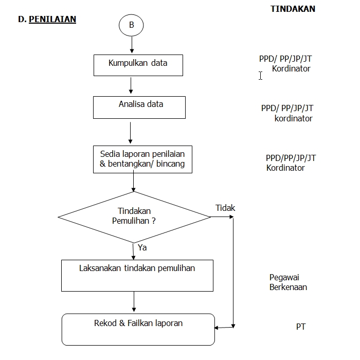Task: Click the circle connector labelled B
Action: pos(131,25)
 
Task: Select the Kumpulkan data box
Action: pos(138,65)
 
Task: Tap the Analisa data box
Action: pos(139,107)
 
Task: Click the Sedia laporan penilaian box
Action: pos(142,159)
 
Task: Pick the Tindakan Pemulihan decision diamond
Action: pos(134,217)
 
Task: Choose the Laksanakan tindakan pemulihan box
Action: pos(137,275)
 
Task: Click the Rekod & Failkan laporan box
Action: pos(138,329)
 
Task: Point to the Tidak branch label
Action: pos(225,208)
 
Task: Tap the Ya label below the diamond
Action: pos(142,247)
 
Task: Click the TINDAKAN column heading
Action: pos(293,9)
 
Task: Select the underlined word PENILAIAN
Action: pos(52,20)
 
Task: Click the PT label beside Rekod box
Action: pos(301,327)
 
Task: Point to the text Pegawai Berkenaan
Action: pos(288,282)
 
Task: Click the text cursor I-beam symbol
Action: pos(261,76)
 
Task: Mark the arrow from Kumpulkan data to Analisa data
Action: pos(131,86)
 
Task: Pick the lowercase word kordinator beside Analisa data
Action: pos(293,118)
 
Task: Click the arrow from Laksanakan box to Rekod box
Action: pos(134,302)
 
